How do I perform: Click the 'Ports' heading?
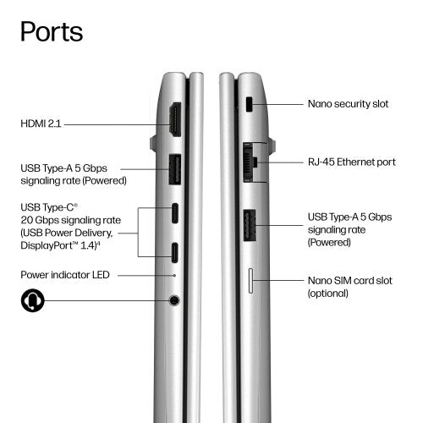[52, 31]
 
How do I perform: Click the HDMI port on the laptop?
[175, 120]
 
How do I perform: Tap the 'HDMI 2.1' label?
[41, 124]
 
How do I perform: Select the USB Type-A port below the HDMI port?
[175, 169]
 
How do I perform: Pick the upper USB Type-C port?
[175, 213]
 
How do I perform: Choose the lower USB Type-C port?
[175, 253]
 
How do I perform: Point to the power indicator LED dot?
[174, 275]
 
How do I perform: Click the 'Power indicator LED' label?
[65, 275]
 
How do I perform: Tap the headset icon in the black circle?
[33, 300]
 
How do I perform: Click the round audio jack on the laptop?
[174, 300]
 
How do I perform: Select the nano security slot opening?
[250, 104]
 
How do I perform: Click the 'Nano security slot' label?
[348, 104]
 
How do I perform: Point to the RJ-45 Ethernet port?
[250, 162]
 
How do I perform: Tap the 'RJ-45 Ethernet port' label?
[352, 162]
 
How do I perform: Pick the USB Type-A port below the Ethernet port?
[250, 225]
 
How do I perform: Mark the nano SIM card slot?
[250, 281]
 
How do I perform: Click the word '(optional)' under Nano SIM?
[328, 294]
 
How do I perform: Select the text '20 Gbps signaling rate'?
[71, 220]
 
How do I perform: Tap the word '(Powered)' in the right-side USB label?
[329, 242]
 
